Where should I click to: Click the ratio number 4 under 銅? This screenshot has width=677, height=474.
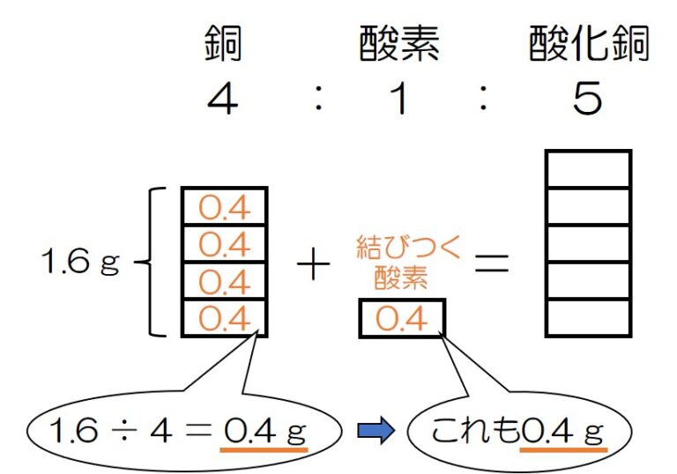click(x=223, y=100)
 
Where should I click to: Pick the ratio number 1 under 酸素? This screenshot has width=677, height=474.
click(x=399, y=100)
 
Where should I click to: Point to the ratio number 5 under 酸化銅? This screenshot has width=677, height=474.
click(x=587, y=100)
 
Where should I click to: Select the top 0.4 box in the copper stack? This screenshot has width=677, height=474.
click(x=224, y=206)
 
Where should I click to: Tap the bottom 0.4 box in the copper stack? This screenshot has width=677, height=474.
click(x=224, y=318)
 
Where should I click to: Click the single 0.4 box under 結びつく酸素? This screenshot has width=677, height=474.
click(x=401, y=318)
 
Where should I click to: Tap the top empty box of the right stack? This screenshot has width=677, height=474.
click(x=588, y=169)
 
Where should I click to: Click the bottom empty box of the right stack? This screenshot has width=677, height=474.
click(x=588, y=317)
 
